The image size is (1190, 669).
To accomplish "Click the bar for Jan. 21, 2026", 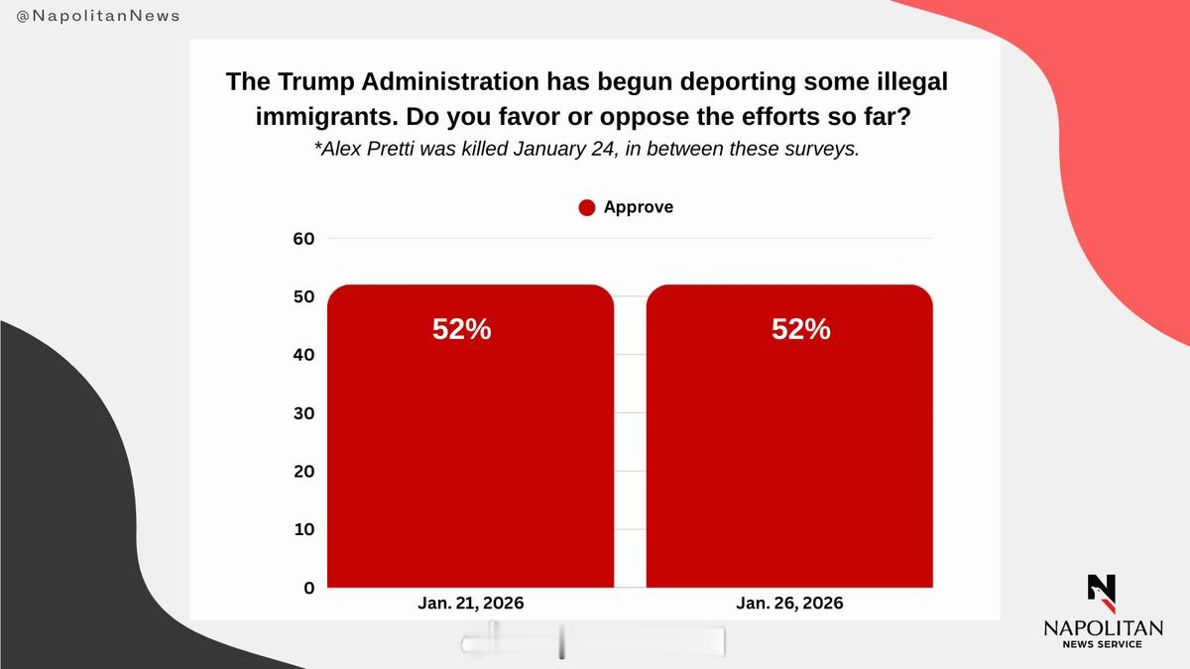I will [x=470, y=446].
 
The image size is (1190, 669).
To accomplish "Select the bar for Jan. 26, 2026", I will [x=789, y=446].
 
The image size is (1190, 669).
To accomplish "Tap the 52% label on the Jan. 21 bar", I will [x=461, y=330].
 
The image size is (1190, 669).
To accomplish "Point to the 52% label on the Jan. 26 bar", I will [x=800, y=330].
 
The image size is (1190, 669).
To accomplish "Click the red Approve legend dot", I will [x=587, y=208].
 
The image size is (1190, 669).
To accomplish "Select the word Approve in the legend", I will [x=638, y=207].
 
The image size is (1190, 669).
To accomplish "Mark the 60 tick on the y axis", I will [x=303, y=239].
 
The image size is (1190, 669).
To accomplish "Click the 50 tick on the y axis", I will [x=303, y=297].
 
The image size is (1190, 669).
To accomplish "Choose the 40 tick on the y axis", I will [x=303, y=355].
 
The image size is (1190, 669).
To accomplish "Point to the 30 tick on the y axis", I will [x=303, y=413].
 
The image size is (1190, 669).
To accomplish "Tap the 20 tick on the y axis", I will [x=303, y=472].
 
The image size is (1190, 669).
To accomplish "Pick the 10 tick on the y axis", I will [x=303, y=530].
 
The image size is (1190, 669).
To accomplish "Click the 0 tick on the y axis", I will [x=308, y=588].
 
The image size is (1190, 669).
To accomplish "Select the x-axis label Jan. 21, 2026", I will [x=470, y=604].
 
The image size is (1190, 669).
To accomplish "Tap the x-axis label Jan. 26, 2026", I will [x=789, y=604].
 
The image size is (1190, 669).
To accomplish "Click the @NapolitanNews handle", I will [x=98, y=17].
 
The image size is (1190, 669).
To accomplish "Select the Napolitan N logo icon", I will [x=1101, y=592].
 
